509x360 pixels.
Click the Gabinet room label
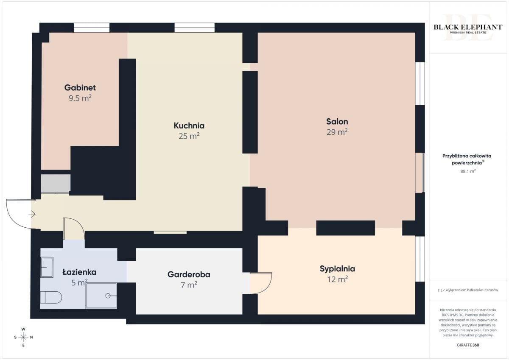tap(80, 88)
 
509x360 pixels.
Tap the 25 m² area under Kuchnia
tap(189, 136)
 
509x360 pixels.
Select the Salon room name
tap(337, 122)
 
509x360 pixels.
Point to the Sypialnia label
tap(337, 269)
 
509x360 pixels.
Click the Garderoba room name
tap(189, 274)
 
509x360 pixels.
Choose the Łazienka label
tap(80, 272)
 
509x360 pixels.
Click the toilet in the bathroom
tap(51, 297)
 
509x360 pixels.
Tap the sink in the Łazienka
tap(47, 267)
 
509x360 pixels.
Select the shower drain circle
tap(108, 296)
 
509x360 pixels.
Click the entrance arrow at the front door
tap(32, 214)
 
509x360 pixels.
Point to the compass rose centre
tap(23, 337)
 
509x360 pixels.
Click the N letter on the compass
tap(31, 337)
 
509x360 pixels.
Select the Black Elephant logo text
tap(468, 27)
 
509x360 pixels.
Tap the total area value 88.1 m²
tap(468, 171)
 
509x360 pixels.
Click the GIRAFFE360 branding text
tap(468, 345)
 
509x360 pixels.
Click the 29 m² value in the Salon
tap(337, 132)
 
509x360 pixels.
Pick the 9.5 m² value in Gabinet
tap(80, 98)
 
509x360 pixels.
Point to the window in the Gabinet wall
tap(92, 28)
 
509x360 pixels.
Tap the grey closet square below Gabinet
tap(56, 184)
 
